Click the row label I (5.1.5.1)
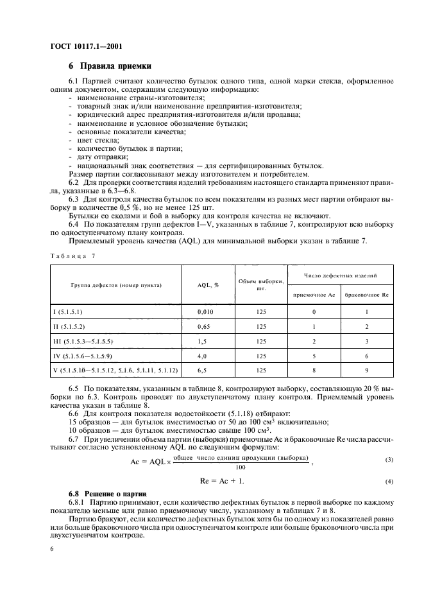tap(68, 311)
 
